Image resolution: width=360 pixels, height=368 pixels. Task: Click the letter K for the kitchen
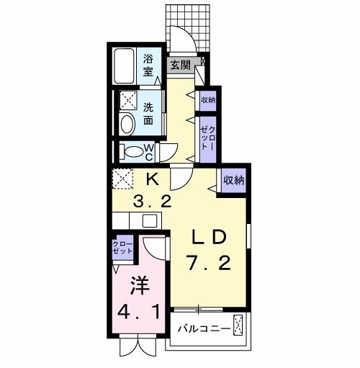click(x=153, y=179)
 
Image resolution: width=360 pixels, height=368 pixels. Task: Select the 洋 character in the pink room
click(x=138, y=286)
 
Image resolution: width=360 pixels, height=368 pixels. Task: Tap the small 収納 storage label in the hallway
click(x=208, y=100)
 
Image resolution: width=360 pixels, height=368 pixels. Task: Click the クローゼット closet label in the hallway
click(x=208, y=136)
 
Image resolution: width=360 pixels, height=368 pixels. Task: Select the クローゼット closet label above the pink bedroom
click(x=122, y=250)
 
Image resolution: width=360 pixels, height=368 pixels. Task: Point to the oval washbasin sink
click(x=127, y=125)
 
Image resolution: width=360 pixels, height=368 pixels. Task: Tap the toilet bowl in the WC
click(x=132, y=152)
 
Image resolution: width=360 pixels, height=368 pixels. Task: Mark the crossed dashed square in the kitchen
click(x=122, y=178)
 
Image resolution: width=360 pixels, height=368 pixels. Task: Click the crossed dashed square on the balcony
click(x=241, y=328)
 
